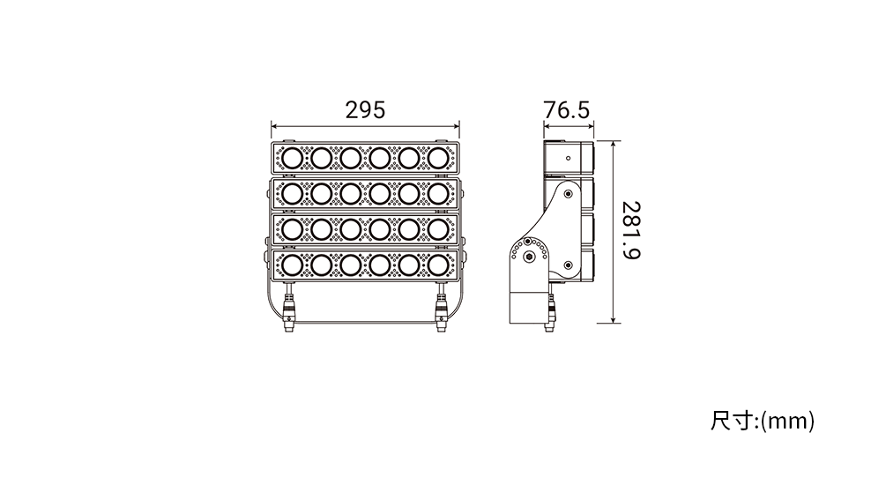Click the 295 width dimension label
click(365, 110)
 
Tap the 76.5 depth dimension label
click(566, 110)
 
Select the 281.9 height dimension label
click(631, 230)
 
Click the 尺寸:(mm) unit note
click(763, 422)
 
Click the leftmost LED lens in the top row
click(292, 158)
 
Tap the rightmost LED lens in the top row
click(438, 158)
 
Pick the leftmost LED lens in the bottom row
click(292, 265)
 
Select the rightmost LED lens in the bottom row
click(438, 265)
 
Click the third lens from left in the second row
click(350, 193)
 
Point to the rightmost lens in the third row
click(438, 229)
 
